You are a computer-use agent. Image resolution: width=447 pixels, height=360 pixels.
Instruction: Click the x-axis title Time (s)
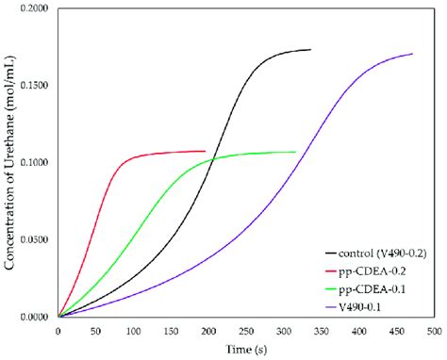(245, 350)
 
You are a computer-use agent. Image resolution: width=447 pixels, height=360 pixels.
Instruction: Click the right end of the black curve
(310, 49)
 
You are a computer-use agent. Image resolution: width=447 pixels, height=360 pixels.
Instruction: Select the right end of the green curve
(295, 152)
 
